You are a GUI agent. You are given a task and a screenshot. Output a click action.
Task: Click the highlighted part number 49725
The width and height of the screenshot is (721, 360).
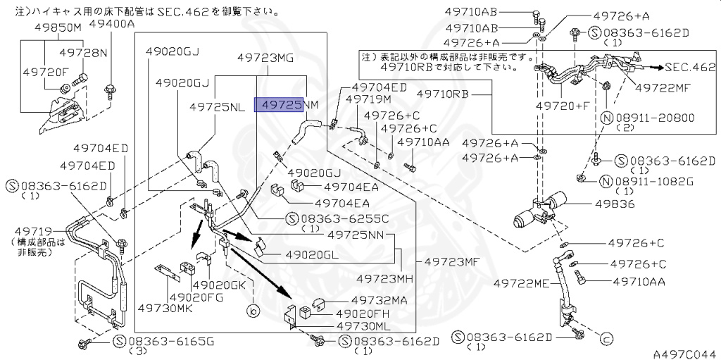click(279, 105)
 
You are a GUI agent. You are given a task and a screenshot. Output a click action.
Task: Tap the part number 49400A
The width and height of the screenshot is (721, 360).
click(111, 23)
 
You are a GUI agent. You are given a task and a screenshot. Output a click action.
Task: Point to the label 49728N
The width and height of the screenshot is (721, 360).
click(83, 53)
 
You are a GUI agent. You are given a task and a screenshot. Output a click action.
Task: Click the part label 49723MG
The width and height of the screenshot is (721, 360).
click(265, 58)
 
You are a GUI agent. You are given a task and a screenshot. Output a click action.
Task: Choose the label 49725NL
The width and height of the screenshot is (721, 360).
click(218, 106)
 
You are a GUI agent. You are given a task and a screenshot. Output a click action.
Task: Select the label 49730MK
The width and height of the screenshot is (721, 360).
click(165, 308)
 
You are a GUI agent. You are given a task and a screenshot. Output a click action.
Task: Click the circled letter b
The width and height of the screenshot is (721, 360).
click(251, 310)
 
